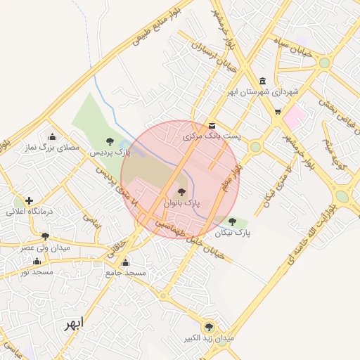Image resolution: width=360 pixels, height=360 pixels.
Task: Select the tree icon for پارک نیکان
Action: [233, 221]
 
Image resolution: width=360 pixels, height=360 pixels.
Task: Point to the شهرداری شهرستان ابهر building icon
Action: [263, 81]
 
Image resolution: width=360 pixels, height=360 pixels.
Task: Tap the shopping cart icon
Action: [278, 111]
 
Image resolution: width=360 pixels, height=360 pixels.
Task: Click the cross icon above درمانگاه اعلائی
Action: [29, 201]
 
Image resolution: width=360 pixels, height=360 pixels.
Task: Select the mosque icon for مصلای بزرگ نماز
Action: [52, 137]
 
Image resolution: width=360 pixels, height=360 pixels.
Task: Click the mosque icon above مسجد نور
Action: [37, 261]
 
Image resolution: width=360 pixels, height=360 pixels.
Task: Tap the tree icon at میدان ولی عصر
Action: [46, 237]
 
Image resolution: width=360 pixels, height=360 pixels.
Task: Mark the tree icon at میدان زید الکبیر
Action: [208, 326]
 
